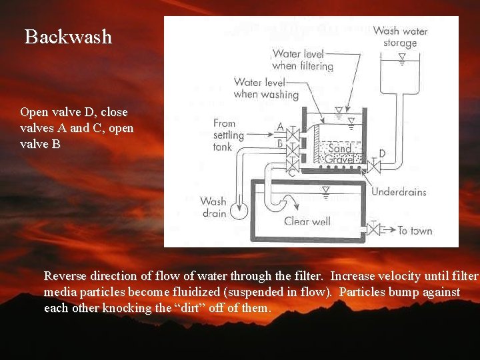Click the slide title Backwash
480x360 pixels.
pyautogui.click(x=68, y=37)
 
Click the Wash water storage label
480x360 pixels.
pyautogui.click(x=400, y=37)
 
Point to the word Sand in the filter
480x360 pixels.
pyautogui.click(x=339, y=149)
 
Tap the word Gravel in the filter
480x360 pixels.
pyautogui.click(x=339, y=160)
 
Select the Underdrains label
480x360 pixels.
pyautogui.click(x=399, y=192)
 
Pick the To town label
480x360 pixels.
pyautogui.click(x=415, y=231)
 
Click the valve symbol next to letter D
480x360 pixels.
pyautogui.click(x=374, y=164)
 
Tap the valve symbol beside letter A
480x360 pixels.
pyautogui.click(x=292, y=133)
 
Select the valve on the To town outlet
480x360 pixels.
pyautogui.click(x=374, y=231)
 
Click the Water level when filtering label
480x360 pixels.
pyautogui.click(x=303, y=60)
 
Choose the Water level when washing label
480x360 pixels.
pyautogui.click(x=266, y=89)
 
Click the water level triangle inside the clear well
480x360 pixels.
pyautogui.click(x=325, y=191)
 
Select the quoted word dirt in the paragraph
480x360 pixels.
pyautogui.click(x=205, y=308)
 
